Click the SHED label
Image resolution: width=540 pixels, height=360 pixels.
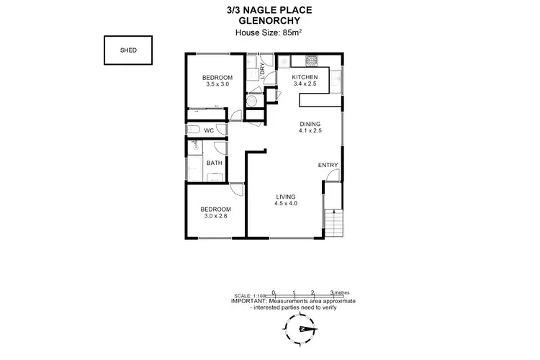point(127,50)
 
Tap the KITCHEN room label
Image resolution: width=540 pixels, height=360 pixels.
point(305,77)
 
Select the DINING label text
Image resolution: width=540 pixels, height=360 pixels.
point(310,125)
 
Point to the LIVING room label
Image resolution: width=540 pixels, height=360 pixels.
point(286,197)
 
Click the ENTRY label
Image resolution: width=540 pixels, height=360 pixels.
point(328,166)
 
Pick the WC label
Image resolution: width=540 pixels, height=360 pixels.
point(209,130)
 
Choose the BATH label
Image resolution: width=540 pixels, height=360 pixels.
point(214,163)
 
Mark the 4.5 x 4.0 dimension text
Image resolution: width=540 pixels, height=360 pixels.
point(286,204)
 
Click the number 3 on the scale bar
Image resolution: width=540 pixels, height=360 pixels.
point(331,292)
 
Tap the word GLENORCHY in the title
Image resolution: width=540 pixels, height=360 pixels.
point(269,20)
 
